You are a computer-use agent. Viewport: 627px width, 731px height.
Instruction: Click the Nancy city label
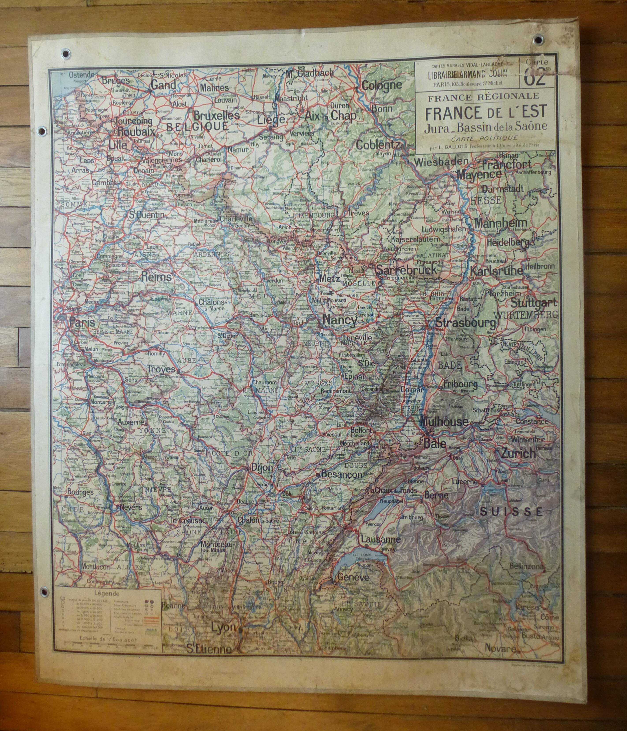340,320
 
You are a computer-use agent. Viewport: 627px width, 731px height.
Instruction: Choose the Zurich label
518,454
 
